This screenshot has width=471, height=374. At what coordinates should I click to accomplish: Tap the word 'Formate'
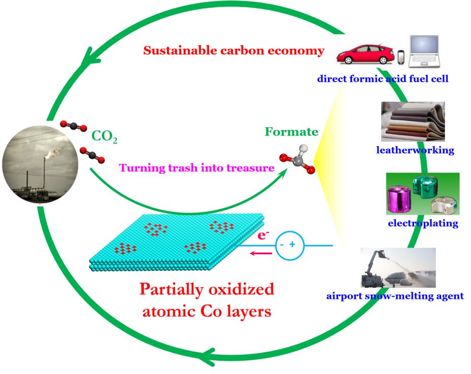tap(297, 132)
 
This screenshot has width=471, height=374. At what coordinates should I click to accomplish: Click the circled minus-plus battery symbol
tap(287, 246)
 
